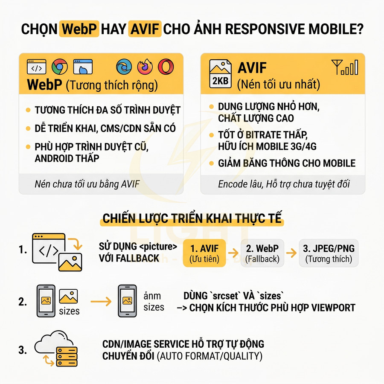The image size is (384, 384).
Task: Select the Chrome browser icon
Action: coord(59,67)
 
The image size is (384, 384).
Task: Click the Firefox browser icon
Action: coord(145,67)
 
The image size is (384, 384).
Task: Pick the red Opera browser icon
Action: coord(166,67)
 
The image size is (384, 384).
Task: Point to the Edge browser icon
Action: coord(124,67)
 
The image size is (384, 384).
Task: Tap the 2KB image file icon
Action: coord(220,74)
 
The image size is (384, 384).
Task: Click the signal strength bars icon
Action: coord(345,67)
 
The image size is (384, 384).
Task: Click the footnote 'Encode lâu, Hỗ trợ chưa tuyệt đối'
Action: coord(284,184)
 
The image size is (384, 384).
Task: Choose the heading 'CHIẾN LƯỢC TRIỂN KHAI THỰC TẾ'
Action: coord(192,219)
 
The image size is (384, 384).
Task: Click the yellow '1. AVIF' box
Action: coord(204,253)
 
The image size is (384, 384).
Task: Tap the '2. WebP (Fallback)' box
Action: coord(262,253)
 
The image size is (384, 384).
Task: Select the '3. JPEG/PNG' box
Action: coord(329,253)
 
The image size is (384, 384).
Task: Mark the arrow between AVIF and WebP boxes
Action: coord(233,253)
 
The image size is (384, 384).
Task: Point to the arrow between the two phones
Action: coord(101,301)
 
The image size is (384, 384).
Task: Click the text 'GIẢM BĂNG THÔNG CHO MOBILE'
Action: coord(287,163)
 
